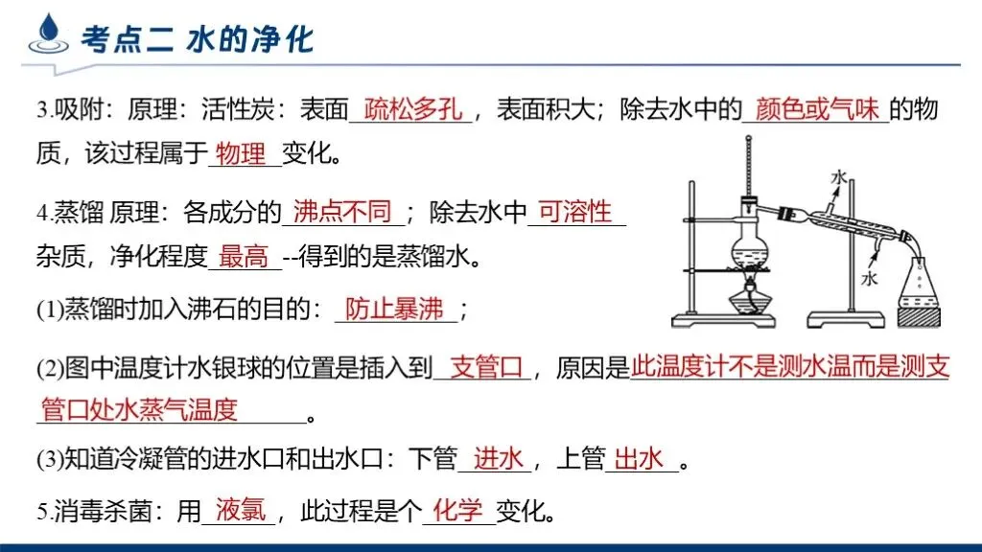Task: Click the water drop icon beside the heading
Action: pyautogui.click(x=45, y=36)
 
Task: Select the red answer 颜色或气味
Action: pyautogui.click(x=817, y=109)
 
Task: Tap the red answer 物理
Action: pyautogui.click(x=242, y=153)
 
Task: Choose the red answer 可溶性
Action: pyautogui.click(x=574, y=211)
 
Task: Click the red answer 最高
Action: pyautogui.click(x=243, y=257)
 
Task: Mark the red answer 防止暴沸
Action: pyautogui.click(x=395, y=309)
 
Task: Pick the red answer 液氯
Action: pyautogui.click(x=241, y=510)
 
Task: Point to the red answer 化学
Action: pyautogui.click(x=457, y=510)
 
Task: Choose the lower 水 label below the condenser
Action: pyautogui.click(x=869, y=279)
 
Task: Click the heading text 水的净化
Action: pyautogui.click(x=249, y=39)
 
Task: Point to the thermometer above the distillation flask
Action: pyautogui.click(x=745, y=168)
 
